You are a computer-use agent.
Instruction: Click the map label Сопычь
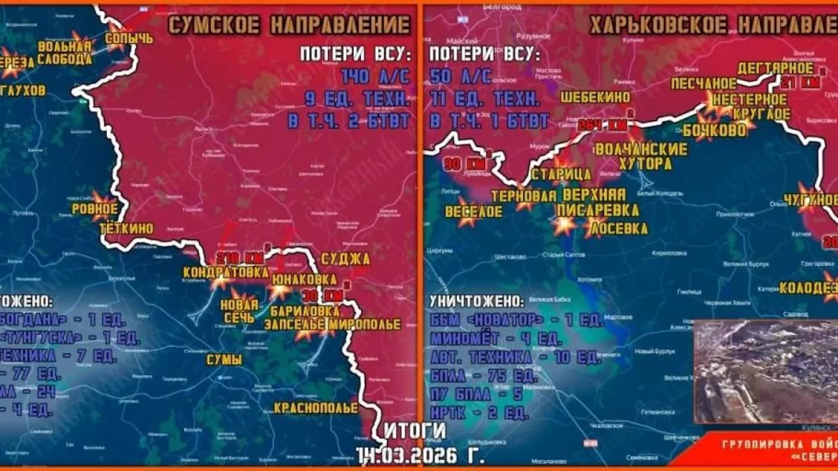click(129, 39)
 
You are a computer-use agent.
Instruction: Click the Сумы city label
click(223, 360)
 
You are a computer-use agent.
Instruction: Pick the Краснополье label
click(316, 408)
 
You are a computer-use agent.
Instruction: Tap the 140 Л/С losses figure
click(375, 76)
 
